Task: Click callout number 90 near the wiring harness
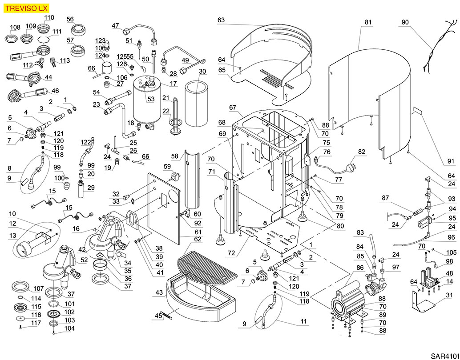(x=405, y=22)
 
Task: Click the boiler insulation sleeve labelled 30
(x=196, y=104)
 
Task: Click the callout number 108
(x=15, y=28)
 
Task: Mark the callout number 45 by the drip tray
(x=158, y=316)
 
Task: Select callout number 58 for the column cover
(x=175, y=156)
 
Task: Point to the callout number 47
(x=115, y=26)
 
